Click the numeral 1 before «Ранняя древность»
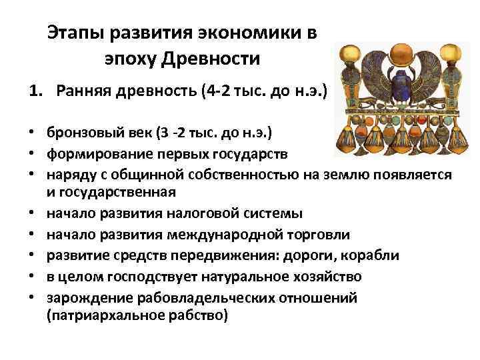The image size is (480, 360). (x=33, y=90)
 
